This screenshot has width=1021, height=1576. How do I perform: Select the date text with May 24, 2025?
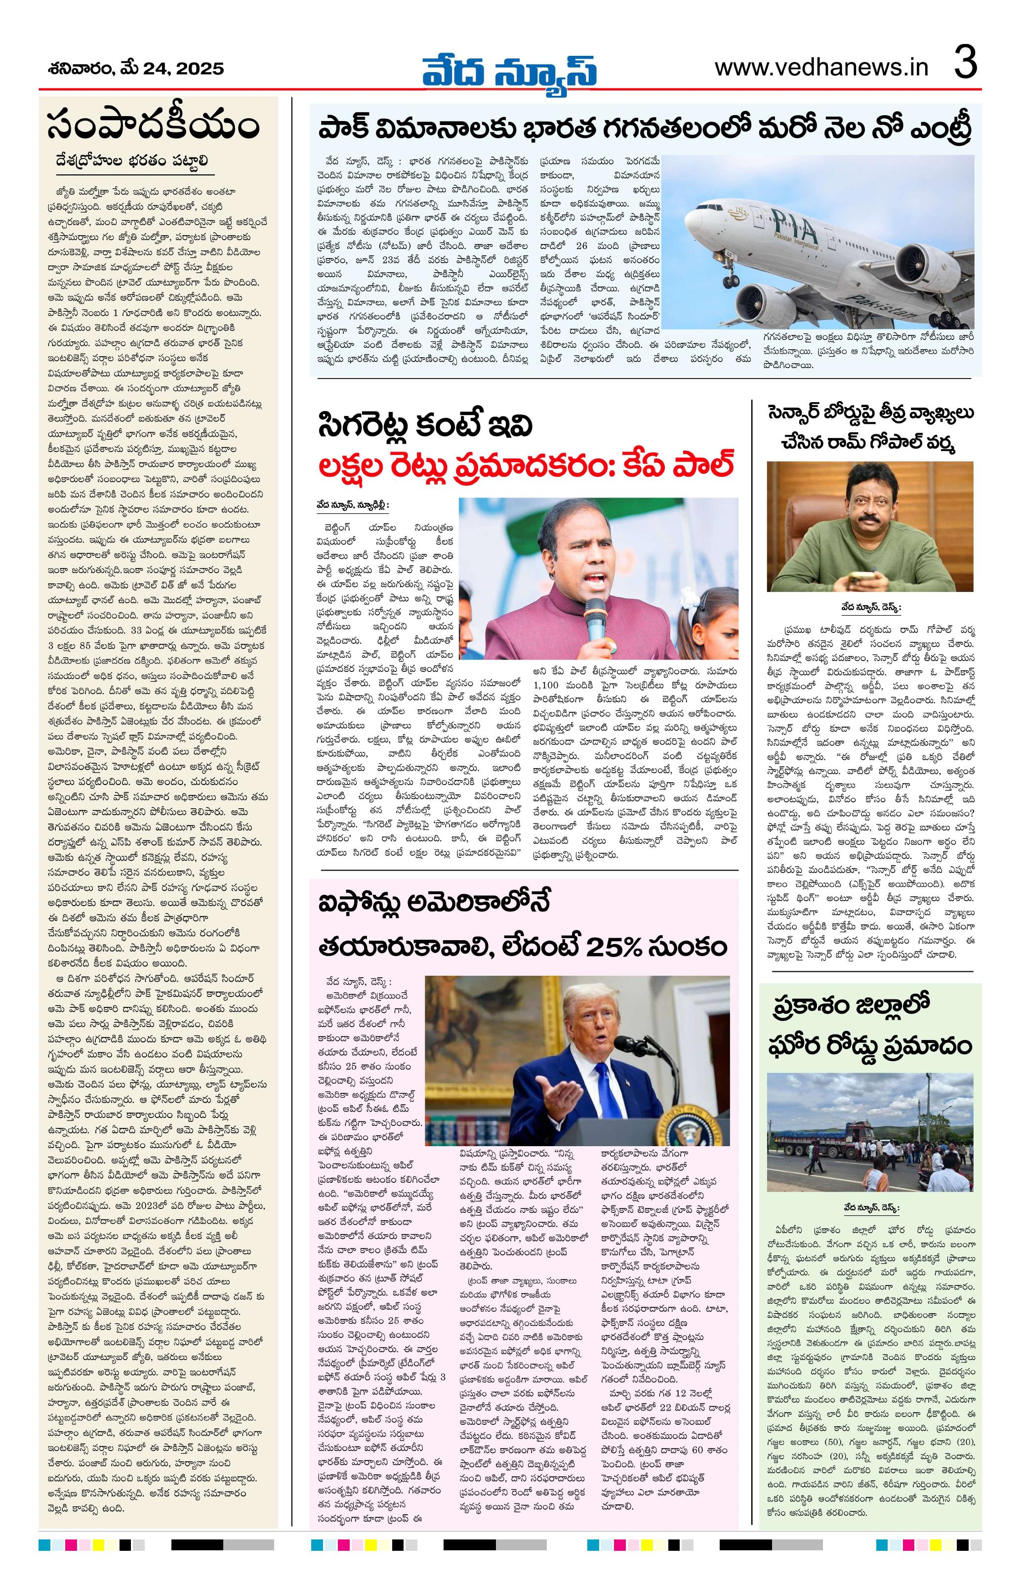pos(136,69)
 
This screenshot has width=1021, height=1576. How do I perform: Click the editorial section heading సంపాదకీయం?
pos(154,126)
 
